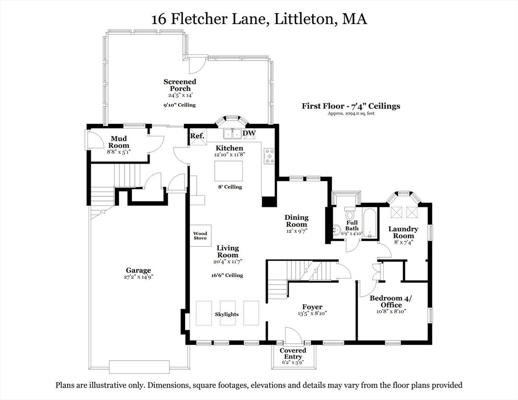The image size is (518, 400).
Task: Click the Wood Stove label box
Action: tap(200, 236)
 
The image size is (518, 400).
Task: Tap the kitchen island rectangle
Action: tap(228, 170)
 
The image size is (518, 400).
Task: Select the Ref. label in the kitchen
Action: tap(196, 136)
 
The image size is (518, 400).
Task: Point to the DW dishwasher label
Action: tap(249, 134)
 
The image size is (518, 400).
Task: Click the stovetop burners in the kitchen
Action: tap(270, 157)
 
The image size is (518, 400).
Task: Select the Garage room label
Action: tap(138, 270)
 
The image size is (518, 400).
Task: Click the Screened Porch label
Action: tap(180, 85)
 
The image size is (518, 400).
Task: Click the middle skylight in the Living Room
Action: tap(228, 312)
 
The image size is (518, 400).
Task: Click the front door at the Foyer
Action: tap(292, 336)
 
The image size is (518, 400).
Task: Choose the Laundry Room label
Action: tap(403, 232)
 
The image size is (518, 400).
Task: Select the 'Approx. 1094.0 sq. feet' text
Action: tap(351, 114)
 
